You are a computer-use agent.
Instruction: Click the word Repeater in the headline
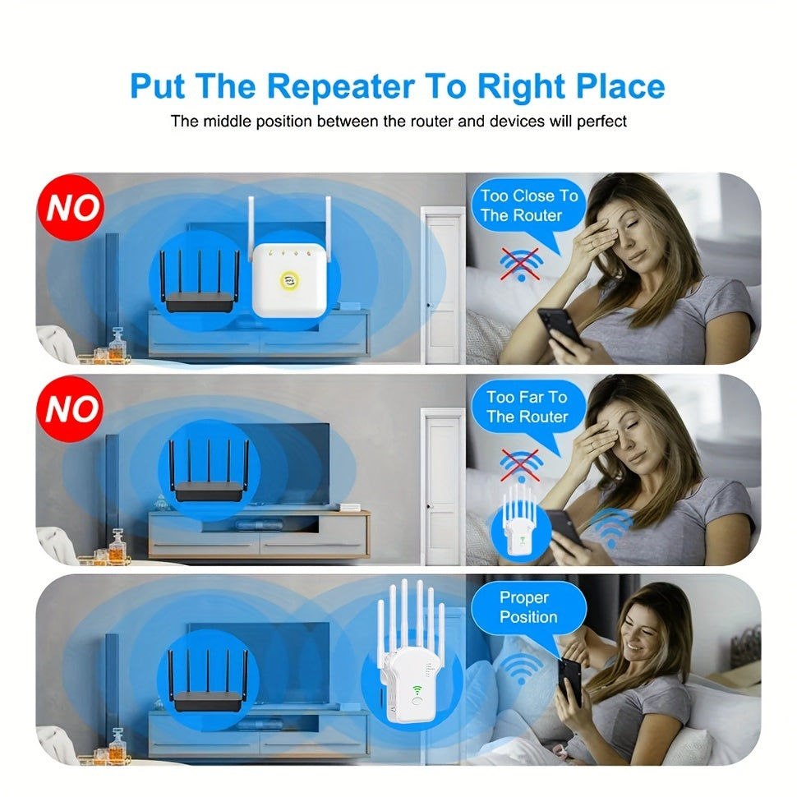pyautogui.click(x=340, y=87)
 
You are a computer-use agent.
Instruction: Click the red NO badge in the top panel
pyautogui.click(x=71, y=207)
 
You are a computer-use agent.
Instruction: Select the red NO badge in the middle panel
pyautogui.click(x=70, y=408)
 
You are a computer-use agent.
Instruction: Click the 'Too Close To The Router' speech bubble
pyautogui.click(x=528, y=205)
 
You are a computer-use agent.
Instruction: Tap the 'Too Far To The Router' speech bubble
pyautogui.click(x=527, y=407)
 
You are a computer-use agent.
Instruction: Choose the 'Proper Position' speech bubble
pyautogui.click(x=528, y=607)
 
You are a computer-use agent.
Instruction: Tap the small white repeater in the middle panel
pyautogui.click(x=518, y=522)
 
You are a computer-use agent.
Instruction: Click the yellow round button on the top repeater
pyautogui.click(x=289, y=279)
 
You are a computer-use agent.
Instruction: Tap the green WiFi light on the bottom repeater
pyautogui.click(x=417, y=689)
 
